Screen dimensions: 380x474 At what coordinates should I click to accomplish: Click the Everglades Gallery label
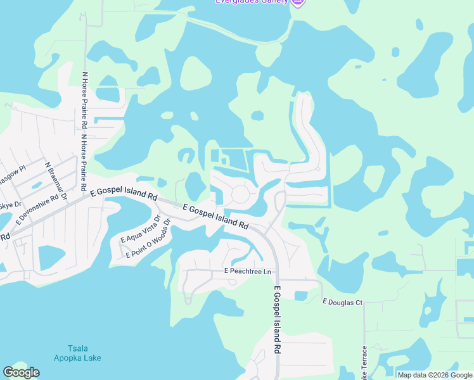pyautogui.click(x=251, y=2)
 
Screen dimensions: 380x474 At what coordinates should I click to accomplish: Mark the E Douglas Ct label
pyautogui.click(x=342, y=302)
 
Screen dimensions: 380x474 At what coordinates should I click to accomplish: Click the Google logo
pyautogui.click(x=21, y=372)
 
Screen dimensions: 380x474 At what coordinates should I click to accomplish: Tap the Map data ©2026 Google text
pyautogui.click(x=435, y=375)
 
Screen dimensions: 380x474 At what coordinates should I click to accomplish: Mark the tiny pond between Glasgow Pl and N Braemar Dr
pyautogui.click(x=36, y=186)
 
